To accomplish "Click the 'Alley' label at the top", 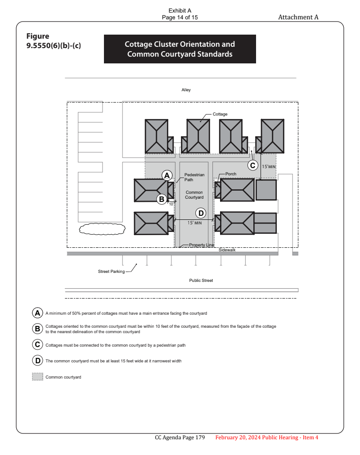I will click(186, 90).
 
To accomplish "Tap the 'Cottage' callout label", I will click(220, 115).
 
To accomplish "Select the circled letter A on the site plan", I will click(167, 175).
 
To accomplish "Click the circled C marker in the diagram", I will click(253, 165).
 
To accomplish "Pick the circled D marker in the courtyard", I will click(200, 213).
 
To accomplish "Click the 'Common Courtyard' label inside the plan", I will click(194, 195).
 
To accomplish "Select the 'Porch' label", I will click(231, 174).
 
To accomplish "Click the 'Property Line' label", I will click(201, 245).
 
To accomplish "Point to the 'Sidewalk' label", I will click(227, 250).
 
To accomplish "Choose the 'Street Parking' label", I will click(111, 272).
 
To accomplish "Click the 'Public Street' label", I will click(201, 281).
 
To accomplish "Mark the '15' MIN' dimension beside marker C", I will click(269, 167).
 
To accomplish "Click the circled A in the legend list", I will click(37, 313).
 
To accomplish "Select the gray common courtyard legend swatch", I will click(37, 377).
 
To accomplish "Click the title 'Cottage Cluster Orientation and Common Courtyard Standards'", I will click(180, 49).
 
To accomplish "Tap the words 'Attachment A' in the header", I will click(298, 17).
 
